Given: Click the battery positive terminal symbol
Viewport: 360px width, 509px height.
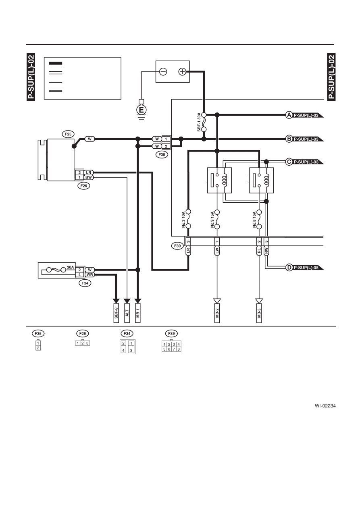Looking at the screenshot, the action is point(182,72).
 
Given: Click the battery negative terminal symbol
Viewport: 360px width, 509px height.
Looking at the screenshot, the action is point(163,72).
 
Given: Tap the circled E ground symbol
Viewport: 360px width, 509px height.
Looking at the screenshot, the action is point(142,110).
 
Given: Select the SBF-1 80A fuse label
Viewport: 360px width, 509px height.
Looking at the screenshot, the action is point(199,122).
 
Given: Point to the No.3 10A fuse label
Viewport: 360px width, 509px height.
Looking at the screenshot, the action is point(183,220).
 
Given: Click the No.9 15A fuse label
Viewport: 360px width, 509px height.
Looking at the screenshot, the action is point(212,220).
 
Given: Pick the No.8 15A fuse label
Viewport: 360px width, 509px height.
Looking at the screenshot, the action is point(254,220).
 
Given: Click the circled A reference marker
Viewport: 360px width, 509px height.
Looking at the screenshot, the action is point(289,115).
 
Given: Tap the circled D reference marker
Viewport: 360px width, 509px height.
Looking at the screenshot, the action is point(289,268).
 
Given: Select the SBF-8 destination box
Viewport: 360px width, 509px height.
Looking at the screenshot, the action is point(116,313).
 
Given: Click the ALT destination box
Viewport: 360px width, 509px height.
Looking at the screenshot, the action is point(127,313).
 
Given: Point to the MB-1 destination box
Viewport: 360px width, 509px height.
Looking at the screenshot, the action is point(138,313).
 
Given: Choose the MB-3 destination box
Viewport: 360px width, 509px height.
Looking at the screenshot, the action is point(259,313).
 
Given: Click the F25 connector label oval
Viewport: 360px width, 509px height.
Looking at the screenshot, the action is point(68,134).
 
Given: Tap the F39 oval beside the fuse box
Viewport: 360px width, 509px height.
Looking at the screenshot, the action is point(177,246).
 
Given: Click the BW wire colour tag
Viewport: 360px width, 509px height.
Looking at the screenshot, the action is point(88,177).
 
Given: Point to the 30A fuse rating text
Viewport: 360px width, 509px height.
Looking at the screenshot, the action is point(71,268).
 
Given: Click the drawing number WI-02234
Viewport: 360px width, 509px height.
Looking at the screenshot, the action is point(325,406).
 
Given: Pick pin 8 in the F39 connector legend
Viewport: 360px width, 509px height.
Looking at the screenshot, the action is point(179,349).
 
